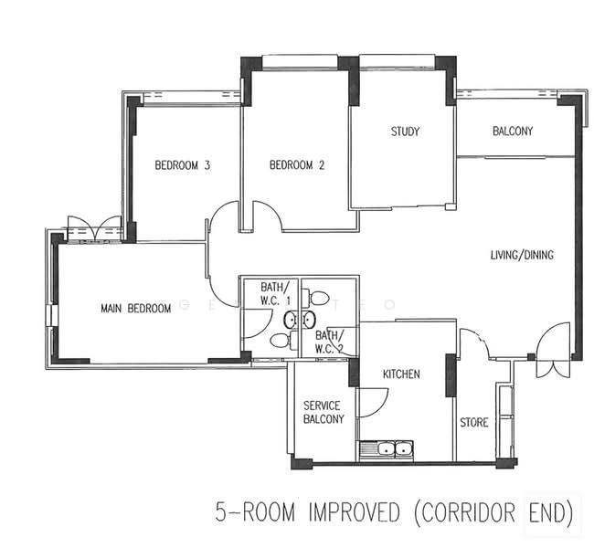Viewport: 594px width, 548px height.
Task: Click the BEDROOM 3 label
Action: [x=183, y=165]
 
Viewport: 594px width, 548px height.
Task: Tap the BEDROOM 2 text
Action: [x=297, y=165]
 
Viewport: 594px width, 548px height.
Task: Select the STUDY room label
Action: [x=405, y=132]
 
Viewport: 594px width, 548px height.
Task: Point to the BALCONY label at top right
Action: [x=512, y=132]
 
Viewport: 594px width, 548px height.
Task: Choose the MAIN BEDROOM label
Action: [x=135, y=309]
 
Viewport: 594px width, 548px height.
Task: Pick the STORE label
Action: [x=473, y=423]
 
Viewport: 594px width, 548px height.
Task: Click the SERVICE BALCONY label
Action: [x=323, y=412]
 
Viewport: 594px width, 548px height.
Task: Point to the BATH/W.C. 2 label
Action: [x=329, y=342]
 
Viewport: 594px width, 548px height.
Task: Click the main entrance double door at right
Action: [x=553, y=352]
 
